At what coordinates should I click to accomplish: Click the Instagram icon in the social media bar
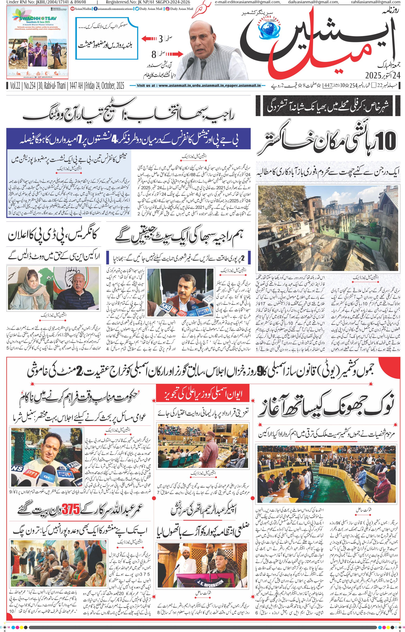(167, 9)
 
